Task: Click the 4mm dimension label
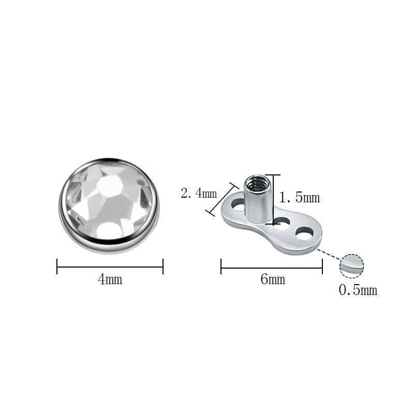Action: [110, 280]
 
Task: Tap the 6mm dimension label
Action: [273, 280]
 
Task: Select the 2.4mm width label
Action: [199, 194]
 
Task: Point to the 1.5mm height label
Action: [300, 198]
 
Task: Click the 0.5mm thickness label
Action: [358, 290]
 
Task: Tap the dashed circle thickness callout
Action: [352, 265]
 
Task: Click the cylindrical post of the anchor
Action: [258, 204]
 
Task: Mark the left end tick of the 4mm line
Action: [57, 267]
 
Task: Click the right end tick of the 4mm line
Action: [163, 267]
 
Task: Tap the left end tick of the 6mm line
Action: [221, 267]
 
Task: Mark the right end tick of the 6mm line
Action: [322, 267]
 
